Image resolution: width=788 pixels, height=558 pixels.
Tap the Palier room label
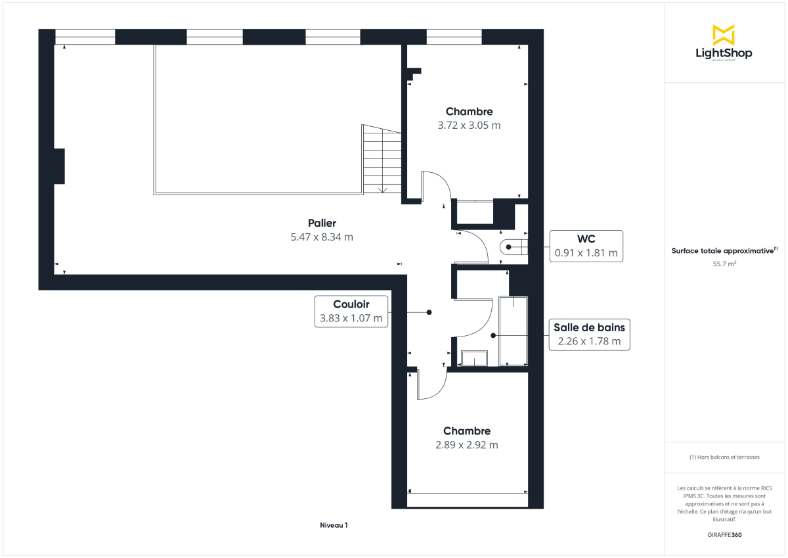click(x=322, y=223)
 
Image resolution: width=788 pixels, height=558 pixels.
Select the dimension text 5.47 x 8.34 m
click(x=322, y=237)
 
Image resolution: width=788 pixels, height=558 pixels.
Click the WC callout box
click(x=586, y=246)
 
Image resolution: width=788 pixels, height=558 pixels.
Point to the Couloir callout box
click(x=351, y=312)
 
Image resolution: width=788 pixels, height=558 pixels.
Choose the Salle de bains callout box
click(x=589, y=335)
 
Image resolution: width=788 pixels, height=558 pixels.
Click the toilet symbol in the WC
click(x=514, y=247)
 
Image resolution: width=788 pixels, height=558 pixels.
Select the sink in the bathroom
click(x=473, y=359)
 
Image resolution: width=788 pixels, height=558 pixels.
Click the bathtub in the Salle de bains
click(x=514, y=331)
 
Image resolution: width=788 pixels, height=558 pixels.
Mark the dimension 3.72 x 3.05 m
click(x=469, y=126)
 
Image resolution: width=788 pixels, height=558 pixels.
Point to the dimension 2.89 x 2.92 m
click(x=466, y=445)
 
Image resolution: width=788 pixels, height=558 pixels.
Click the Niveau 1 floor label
click(x=334, y=525)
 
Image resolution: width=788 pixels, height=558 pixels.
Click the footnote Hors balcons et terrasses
click(x=724, y=457)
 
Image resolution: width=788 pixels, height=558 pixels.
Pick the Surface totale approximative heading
click(x=723, y=250)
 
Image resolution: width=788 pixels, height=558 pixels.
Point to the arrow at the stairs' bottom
click(x=382, y=190)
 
